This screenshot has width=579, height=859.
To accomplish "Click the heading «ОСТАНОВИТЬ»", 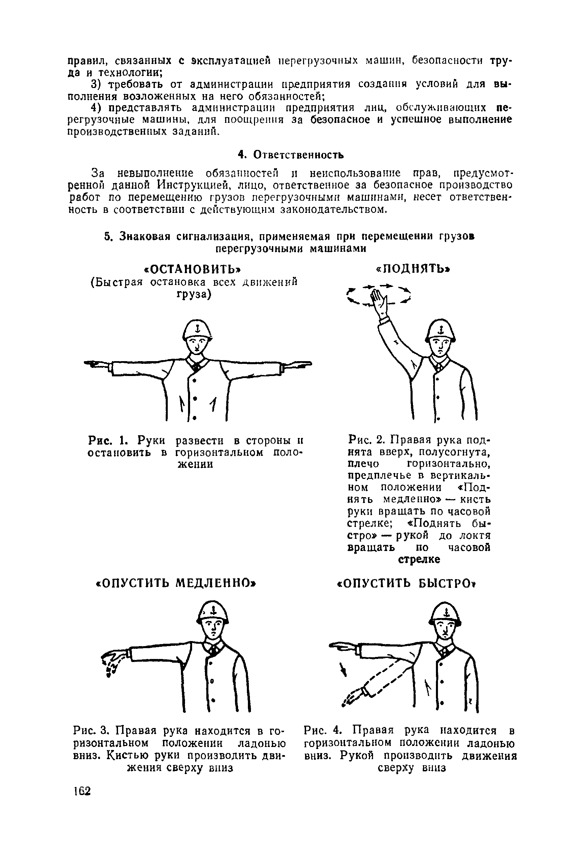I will [x=194, y=269].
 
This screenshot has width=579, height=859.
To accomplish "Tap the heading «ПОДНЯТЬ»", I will [x=413, y=269].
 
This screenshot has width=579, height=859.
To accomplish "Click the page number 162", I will [x=82, y=791].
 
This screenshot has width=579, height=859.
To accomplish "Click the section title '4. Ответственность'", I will [x=291, y=154].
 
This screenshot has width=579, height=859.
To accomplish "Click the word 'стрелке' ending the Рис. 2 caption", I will [x=419, y=559].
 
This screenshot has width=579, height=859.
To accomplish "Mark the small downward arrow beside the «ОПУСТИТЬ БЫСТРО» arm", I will [x=343, y=669].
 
